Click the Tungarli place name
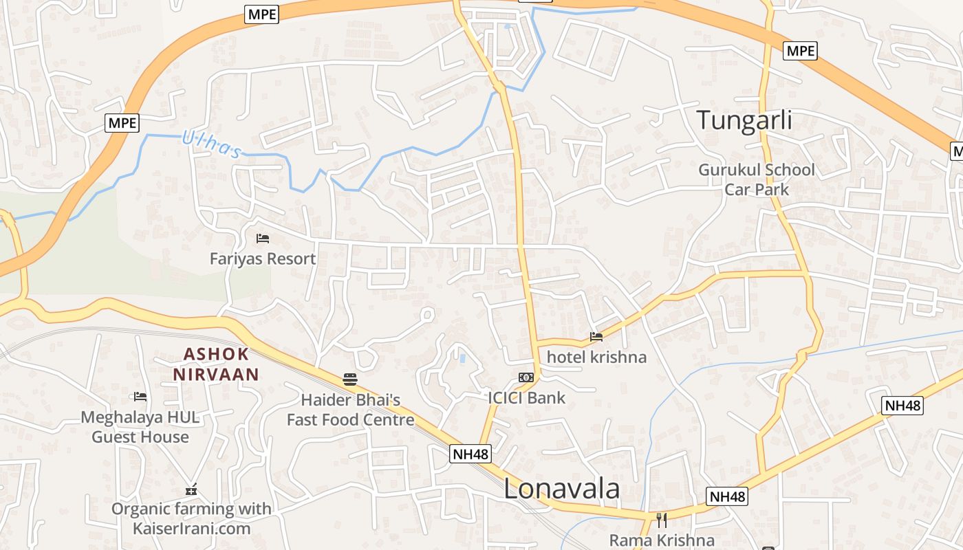pos(744,120)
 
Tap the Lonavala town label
pos(561,489)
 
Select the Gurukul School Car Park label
pos(757,179)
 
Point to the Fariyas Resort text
pos(263,258)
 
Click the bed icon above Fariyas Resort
pos(262,239)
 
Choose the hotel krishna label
pos(596,357)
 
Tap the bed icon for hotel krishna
pos(596,337)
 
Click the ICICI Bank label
pos(526,397)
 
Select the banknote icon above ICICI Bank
pos(526,377)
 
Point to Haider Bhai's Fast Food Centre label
pos(350,410)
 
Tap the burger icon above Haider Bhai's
pos(350,379)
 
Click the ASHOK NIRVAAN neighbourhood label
pos(216,364)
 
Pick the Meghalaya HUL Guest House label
pos(140,427)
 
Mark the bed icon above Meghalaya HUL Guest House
pos(140,397)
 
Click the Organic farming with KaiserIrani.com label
pos(191,519)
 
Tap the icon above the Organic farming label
pos(191,490)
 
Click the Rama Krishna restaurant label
pos(662,540)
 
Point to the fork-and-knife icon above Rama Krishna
pos(662,520)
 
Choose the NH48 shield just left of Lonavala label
pos(471,454)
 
